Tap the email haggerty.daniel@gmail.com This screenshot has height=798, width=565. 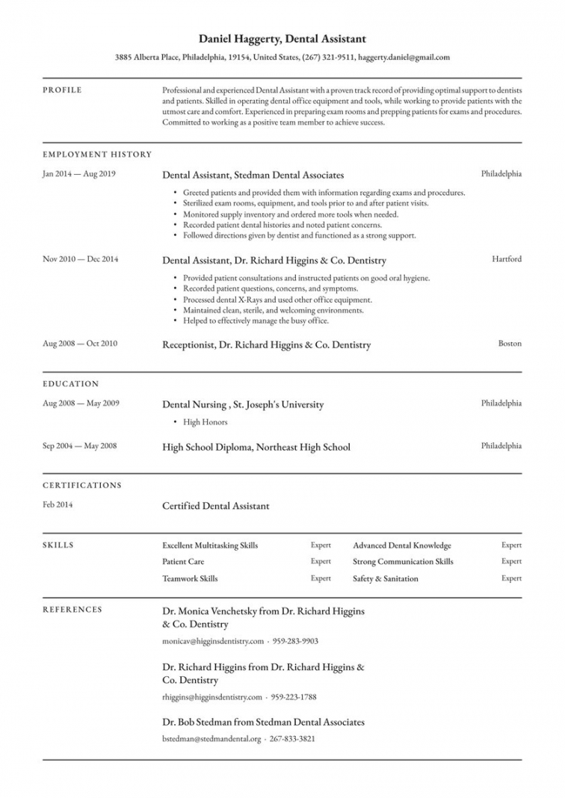tap(404, 57)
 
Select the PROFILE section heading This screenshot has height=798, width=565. tap(62, 90)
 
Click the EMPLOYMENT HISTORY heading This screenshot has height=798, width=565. tap(97, 155)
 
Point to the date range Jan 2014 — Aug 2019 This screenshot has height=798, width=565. tap(79, 174)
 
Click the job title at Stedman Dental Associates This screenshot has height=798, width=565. tap(253, 175)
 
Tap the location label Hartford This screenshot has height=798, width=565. tap(507, 259)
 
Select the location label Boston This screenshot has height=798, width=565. tap(510, 344)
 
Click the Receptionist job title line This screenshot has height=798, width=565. tap(266, 345)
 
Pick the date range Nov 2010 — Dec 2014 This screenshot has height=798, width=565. tap(80, 259)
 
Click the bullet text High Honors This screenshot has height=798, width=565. tap(205, 422)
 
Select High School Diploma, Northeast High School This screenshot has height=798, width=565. tap(256, 448)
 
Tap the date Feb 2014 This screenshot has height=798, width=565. tap(58, 505)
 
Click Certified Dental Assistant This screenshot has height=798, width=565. tap(215, 506)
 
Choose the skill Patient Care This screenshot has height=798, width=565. tap(183, 562)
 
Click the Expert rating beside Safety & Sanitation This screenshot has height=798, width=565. tap(511, 578)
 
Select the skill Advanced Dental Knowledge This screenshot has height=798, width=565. tap(402, 545)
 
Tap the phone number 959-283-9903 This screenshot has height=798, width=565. tap(294, 641)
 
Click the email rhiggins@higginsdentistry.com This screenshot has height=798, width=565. tap(212, 697)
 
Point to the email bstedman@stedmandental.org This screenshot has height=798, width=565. tap(212, 739)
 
